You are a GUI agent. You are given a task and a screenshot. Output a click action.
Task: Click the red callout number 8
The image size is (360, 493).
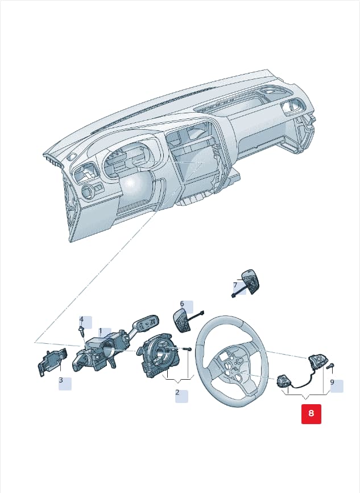pos(311,413)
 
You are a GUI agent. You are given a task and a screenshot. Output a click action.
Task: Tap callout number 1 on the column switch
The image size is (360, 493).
pos(101,331)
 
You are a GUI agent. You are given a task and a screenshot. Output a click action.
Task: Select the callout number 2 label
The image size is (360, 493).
pos(177,392)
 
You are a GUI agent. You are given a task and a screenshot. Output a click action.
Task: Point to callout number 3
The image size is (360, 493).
pos(61,380)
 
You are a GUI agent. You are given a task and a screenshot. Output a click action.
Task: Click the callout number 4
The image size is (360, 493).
pos(81,319)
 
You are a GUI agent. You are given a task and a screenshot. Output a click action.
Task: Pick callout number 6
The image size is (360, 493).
pos(182,304)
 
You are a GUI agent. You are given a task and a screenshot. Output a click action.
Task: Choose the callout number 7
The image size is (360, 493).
pos(235,285)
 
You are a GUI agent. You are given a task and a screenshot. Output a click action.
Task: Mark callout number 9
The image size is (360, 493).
pos(332,383)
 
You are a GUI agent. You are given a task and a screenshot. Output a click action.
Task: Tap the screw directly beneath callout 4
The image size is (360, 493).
pos(82,330)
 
